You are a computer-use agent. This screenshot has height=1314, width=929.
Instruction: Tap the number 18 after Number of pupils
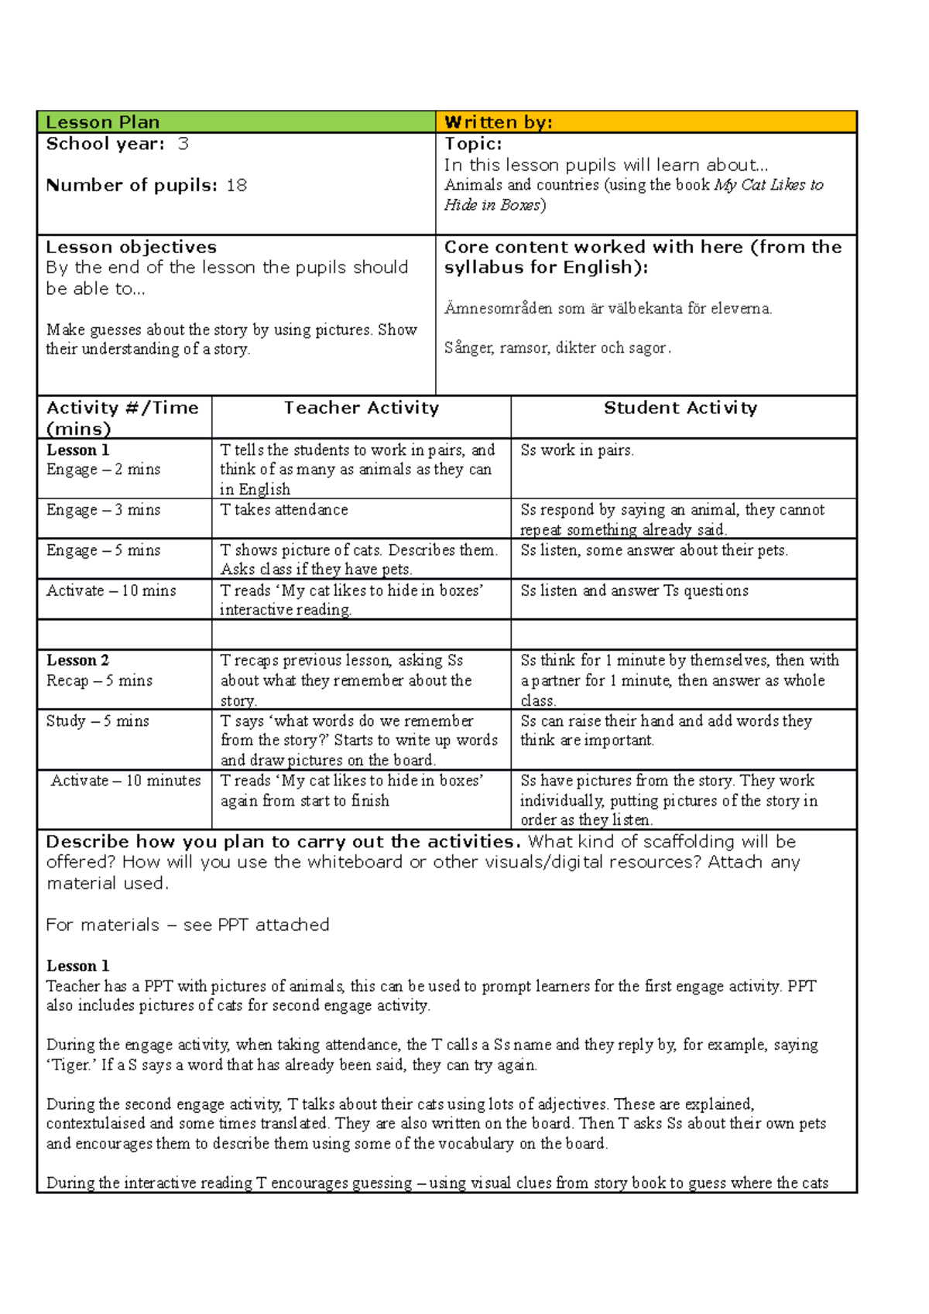[x=237, y=186]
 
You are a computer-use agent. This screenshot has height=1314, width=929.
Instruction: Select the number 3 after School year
[x=183, y=144]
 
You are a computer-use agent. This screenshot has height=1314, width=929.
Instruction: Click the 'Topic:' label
[x=473, y=144]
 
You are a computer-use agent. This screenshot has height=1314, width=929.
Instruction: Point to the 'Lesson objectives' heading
[x=131, y=248]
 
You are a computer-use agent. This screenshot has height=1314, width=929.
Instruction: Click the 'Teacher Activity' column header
[x=361, y=408]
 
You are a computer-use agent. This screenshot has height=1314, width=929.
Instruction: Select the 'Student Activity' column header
[x=680, y=408]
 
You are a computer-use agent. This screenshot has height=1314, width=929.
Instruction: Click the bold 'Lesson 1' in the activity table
[x=77, y=450]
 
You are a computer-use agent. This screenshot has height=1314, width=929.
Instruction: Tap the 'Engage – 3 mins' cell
[x=103, y=510]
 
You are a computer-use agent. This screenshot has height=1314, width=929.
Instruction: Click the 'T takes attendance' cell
[x=284, y=510]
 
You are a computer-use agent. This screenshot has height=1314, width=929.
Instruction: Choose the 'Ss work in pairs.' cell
[x=577, y=450]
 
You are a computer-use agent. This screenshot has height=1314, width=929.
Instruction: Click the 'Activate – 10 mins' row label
[x=111, y=590]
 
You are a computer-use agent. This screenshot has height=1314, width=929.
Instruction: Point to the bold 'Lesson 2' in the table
[x=77, y=660]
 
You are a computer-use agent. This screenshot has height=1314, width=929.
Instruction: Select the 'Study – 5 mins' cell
[x=98, y=721]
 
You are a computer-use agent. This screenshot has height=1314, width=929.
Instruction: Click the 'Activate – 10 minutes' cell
[x=125, y=781]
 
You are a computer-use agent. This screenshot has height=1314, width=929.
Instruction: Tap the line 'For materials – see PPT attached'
[x=187, y=925]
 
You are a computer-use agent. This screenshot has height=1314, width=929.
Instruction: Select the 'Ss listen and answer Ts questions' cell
[x=634, y=590]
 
